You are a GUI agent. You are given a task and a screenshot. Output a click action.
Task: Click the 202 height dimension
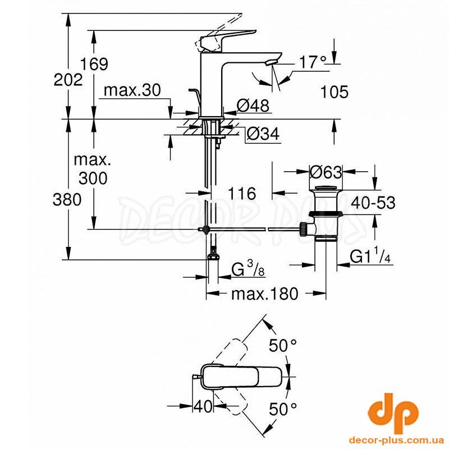(68, 80)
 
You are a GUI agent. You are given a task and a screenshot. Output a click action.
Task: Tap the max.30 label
(132, 90)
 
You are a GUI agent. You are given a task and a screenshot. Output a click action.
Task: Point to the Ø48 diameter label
(253, 105)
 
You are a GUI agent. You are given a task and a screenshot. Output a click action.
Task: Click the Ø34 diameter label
(263, 134)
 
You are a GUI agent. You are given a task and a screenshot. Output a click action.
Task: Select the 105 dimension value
(334, 91)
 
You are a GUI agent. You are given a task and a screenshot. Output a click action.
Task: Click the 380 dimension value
(67, 199)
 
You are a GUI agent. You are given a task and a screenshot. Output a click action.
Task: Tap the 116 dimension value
(242, 194)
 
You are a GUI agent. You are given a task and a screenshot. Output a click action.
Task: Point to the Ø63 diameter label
(326, 172)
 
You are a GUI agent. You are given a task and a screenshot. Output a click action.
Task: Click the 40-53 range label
(373, 202)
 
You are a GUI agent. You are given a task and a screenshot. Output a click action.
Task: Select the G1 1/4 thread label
(370, 256)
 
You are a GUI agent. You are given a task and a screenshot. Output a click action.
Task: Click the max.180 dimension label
(264, 294)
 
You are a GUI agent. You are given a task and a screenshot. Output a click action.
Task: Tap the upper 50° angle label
(283, 345)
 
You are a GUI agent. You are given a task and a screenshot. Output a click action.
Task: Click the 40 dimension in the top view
(203, 406)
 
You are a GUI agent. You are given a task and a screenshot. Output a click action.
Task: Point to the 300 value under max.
(93, 178)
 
